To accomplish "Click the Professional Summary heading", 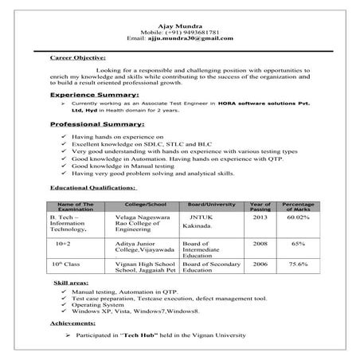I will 97,125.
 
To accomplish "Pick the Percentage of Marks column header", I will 299,206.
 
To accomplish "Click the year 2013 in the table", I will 260,217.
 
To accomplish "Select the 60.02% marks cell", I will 299,217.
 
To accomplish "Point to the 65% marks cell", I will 299,243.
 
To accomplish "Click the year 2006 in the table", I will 260,264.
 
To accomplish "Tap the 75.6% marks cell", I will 299,264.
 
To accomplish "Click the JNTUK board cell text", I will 201,217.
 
